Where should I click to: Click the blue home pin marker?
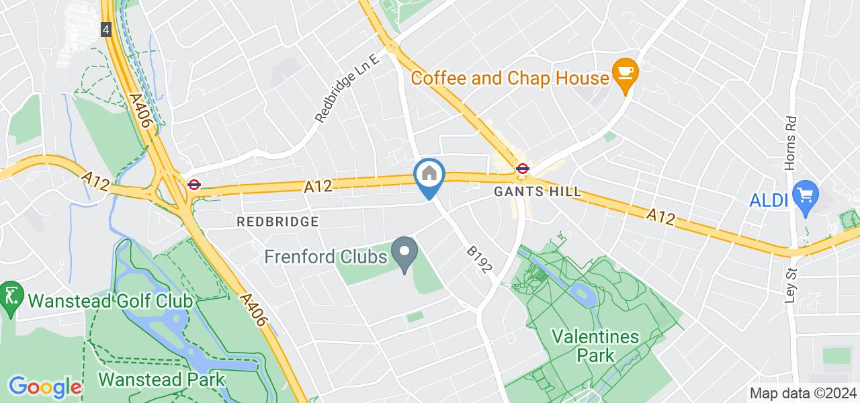[430, 176]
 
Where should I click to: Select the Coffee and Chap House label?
[509, 78]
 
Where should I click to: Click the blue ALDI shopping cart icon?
[804, 195]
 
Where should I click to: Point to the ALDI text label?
[769, 199]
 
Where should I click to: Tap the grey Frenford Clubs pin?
[404, 253]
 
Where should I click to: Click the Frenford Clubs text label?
[326, 257]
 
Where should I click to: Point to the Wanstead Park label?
[161, 379]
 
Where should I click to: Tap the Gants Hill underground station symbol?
[522, 169]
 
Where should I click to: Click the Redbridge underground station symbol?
[193, 183]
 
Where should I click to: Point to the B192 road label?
[480, 259]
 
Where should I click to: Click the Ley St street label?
[790, 284]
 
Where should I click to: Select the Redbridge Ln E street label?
[348, 88]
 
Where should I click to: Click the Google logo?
[45, 387]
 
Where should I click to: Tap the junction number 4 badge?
[106, 30]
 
